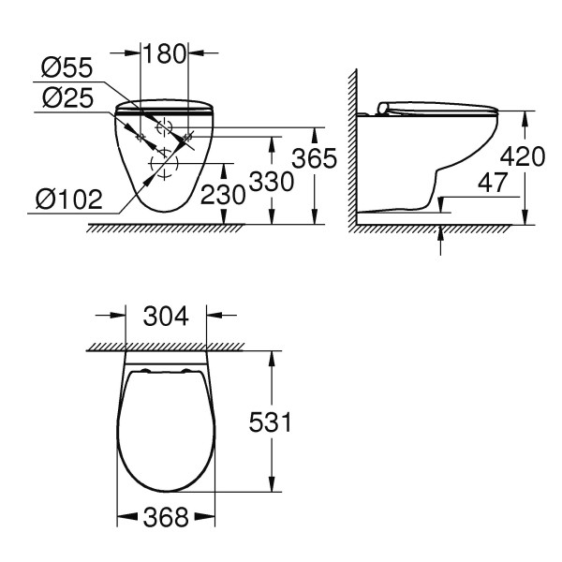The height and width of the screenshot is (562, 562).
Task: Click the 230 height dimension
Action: pyautogui.click(x=223, y=194)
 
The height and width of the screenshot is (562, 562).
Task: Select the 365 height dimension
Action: pyautogui.click(x=315, y=159)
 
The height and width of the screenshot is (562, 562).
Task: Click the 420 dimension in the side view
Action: pyautogui.click(x=523, y=155)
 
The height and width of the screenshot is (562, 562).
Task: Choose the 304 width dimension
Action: pyautogui.click(x=166, y=317)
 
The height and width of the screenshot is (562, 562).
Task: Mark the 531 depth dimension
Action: pyautogui.click(x=271, y=422)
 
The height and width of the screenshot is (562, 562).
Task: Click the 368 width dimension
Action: pyautogui.click(x=166, y=517)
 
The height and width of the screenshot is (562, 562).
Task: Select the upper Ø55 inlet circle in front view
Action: pyautogui.click(x=165, y=127)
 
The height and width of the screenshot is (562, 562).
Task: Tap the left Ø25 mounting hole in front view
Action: pyautogui.click(x=140, y=138)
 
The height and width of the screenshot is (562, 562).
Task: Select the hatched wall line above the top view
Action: pyautogui.click(x=166, y=347)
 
